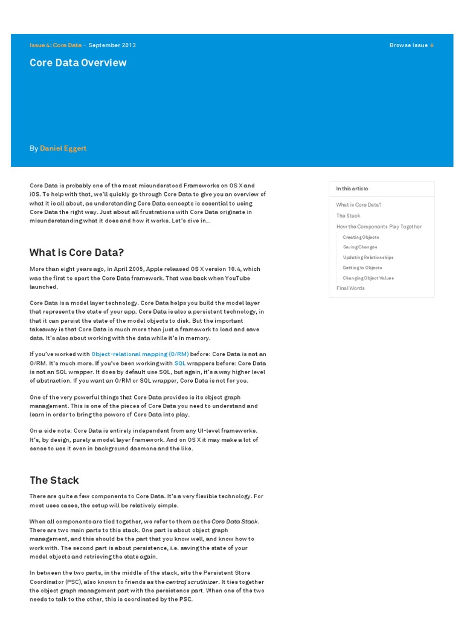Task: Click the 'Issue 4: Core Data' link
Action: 56,45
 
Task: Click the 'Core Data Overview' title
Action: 78,63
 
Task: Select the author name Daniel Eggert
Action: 63,148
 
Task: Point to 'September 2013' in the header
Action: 112,45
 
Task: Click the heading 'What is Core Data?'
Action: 76,253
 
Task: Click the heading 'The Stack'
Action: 54,481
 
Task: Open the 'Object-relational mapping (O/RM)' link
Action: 140,354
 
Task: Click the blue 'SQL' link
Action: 180,363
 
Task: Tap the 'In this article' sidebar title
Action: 352,189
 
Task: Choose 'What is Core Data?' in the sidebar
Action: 359,205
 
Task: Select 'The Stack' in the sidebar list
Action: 348,216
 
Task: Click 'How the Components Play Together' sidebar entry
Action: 379,227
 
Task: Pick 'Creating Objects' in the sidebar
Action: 361,237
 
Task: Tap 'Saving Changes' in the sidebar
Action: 360,247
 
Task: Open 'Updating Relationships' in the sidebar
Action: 368,258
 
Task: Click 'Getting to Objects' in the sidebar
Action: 362,268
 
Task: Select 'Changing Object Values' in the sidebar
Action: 368,278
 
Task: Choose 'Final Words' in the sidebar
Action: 350,288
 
